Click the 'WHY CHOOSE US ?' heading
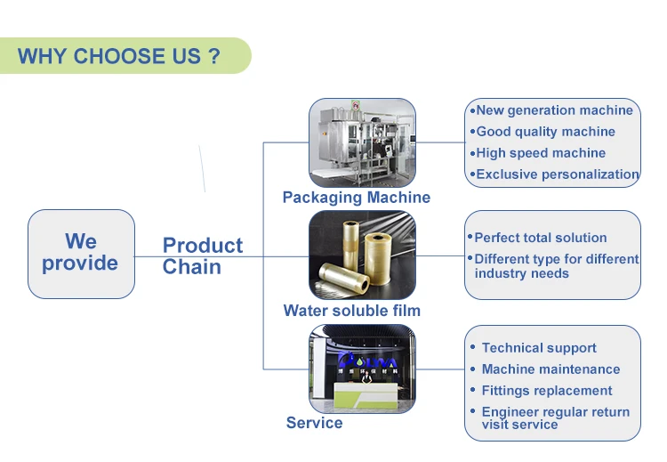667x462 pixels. tap(118, 56)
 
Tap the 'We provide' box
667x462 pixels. tap(81, 254)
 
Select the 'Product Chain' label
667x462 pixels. tap(203, 255)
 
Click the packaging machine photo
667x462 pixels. tap(362, 142)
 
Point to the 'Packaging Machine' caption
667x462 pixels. tap(357, 198)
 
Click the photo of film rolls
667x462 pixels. tap(362, 255)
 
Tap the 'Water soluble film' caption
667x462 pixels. tap(352, 311)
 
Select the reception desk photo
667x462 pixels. tap(362, 369)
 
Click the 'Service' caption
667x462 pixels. tap(314, 423)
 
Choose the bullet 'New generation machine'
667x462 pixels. tap(551, 110)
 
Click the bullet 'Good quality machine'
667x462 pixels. tap(542, 132)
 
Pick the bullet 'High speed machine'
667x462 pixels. tap(538, 153)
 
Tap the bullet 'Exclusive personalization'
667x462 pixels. tap(554, 174)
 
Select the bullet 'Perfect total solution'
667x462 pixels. tap(537, 238)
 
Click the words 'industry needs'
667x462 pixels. tap(521, 273)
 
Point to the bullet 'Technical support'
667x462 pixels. tap(534, 348)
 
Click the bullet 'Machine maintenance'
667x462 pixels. tap(545, 369)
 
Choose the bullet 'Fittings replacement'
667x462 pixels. tap(541, 391)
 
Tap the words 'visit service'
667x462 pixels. tap(520, 425)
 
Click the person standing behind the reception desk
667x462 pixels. tap(366, 377)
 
